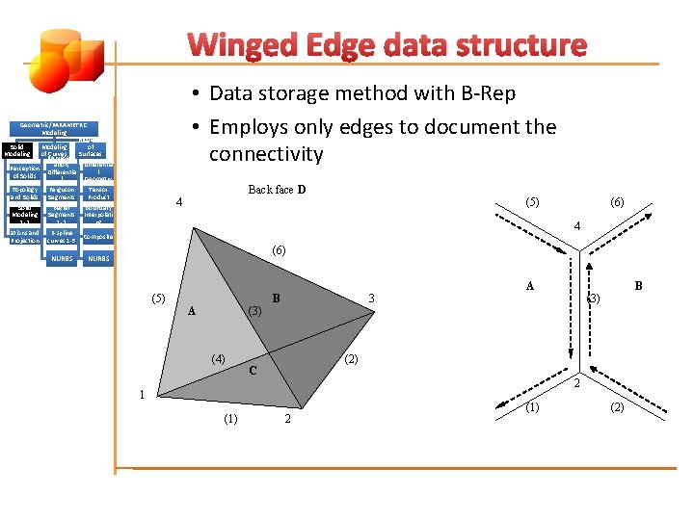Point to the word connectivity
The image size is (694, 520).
[x=266, y=154]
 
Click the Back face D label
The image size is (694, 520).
[x=277, y=190]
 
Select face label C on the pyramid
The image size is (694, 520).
[x=253, y=371]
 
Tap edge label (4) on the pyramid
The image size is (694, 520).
[x=220, y=358]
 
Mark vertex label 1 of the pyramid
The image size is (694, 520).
[x=141, y=394]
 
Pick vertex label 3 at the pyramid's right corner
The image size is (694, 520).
[x=371, y=299]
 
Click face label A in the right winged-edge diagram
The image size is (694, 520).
[x=530, y=286]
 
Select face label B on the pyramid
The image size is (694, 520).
[x=276, y=299]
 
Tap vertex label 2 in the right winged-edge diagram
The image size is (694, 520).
[x=576, y=385]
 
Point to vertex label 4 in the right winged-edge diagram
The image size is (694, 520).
[x=576, y=226]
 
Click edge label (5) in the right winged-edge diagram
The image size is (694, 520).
[x=531, y=202]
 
